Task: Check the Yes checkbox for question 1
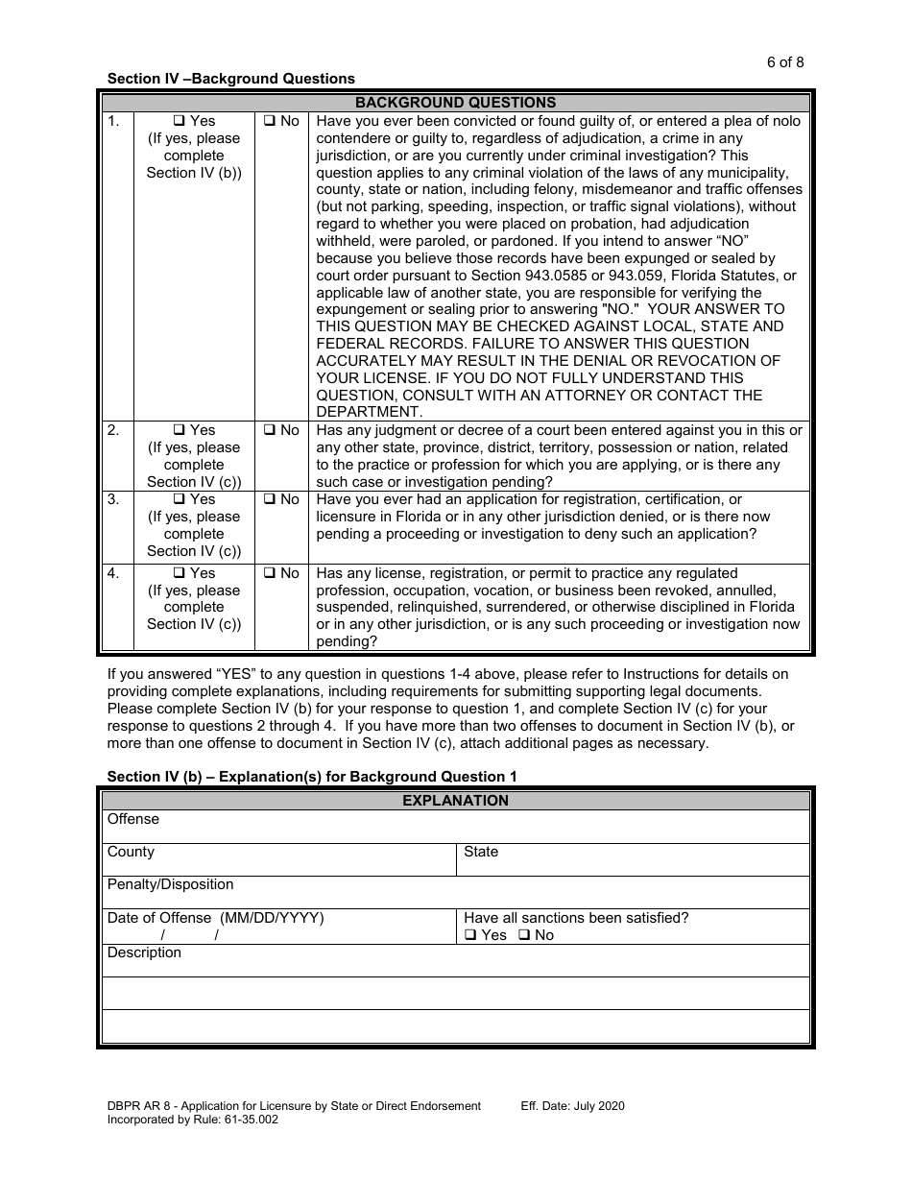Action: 179,121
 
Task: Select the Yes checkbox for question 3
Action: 179,499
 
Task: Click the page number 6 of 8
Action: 785,62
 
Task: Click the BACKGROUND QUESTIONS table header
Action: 455,103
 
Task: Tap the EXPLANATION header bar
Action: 455,800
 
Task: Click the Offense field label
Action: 133,819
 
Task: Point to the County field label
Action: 131,852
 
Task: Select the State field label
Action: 481,852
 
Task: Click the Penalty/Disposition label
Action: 170,884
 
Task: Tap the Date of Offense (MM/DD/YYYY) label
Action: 215,918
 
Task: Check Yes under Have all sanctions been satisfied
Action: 470,935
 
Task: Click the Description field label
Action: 144,952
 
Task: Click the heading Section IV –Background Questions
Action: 230,79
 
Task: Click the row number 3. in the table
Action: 113,499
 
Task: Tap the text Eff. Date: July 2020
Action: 572,1106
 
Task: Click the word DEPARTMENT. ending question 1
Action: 369,412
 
